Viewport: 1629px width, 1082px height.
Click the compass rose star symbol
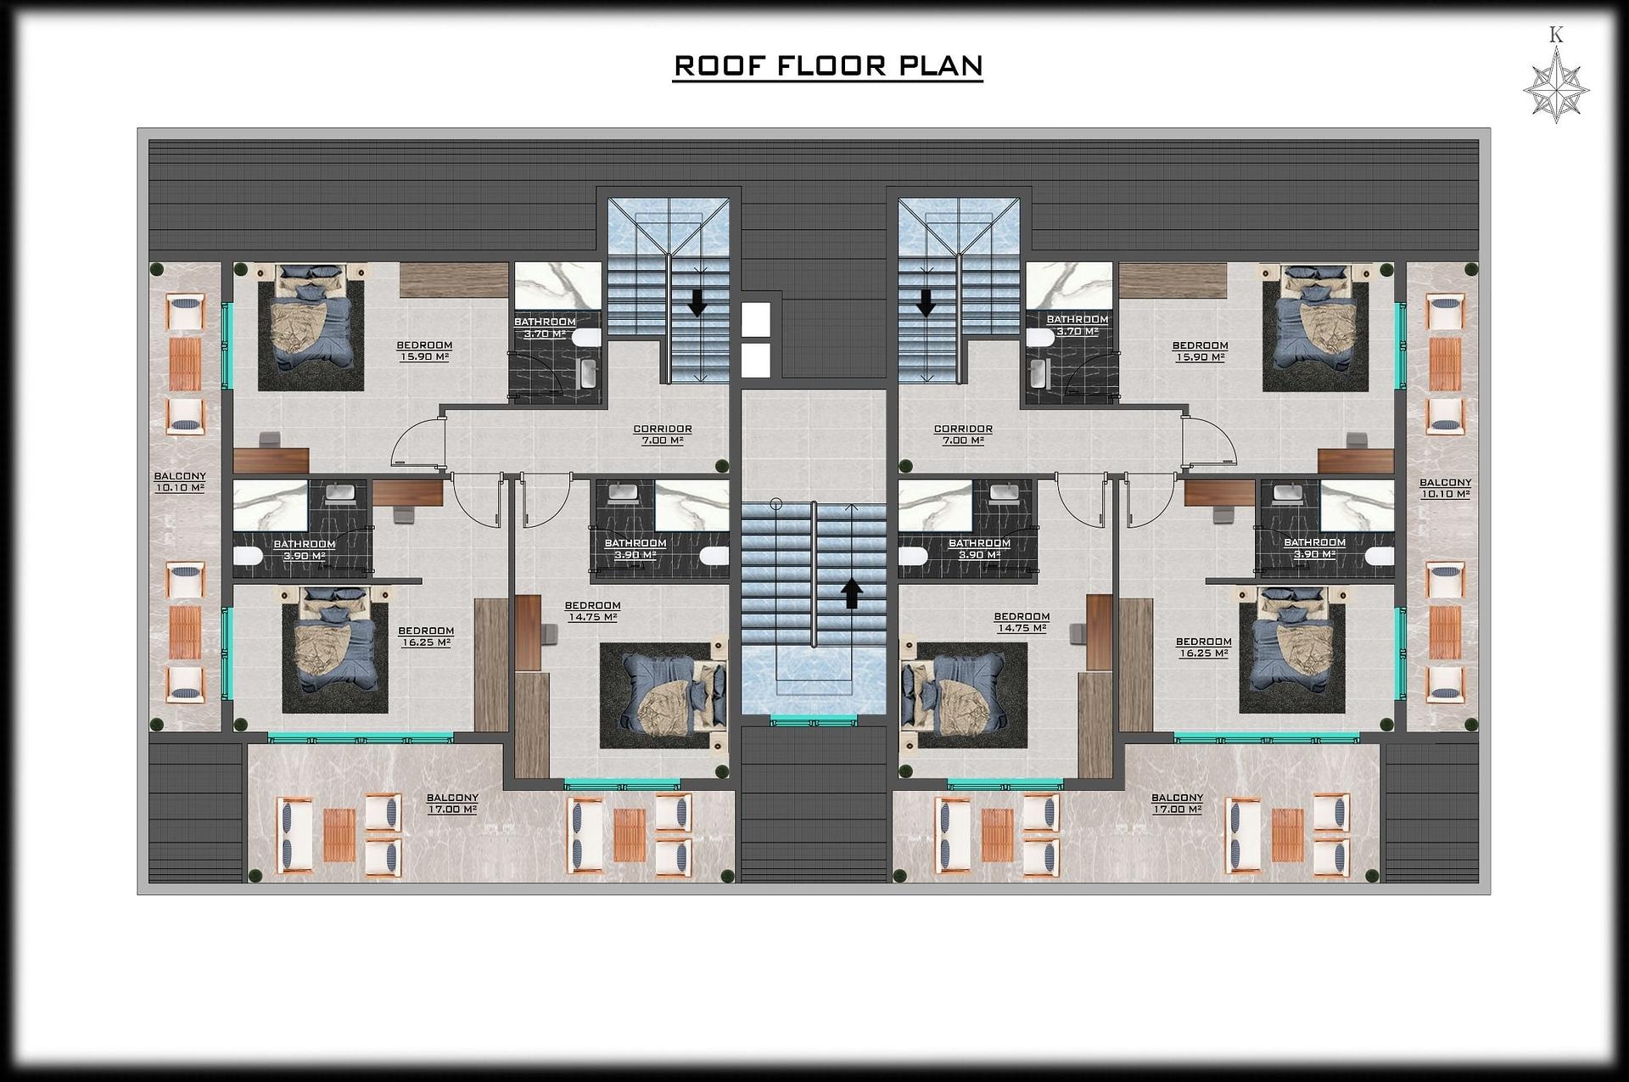[1556, 89]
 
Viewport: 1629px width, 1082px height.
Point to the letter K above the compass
[1556, 35]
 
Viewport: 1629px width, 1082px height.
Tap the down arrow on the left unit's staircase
[697, 302]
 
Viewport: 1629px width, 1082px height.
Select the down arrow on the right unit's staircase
[926, 302]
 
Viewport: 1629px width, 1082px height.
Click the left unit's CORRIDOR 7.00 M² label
[663, 434]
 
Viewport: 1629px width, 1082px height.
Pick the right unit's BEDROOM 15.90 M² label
[1200, 351]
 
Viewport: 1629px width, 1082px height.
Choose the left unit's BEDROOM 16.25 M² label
[426, 636]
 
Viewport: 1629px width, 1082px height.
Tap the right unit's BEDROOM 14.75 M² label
[1022, 622]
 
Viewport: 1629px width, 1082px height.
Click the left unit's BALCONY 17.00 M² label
[452, 803]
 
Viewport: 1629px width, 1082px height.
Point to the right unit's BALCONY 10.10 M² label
[1446, 488]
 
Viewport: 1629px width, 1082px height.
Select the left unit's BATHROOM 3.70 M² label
[545, 328]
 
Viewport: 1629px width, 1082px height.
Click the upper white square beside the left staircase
[755, 320]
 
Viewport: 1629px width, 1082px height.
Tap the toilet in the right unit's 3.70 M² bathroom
[1040, 337]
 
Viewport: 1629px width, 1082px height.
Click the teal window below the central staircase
[813, 721]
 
